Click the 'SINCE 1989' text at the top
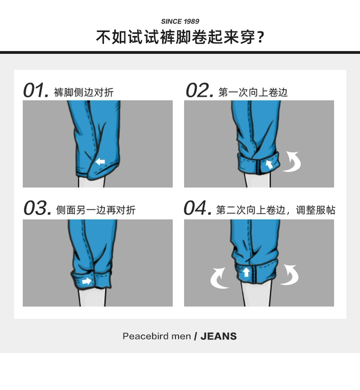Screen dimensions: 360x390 [x=180, y=21]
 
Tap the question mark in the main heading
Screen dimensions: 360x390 [x=260, y=38]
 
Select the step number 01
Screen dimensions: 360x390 [x=36, y=90]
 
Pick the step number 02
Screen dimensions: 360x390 [x=199, y=90]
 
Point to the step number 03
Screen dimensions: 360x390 [x=38, y=208]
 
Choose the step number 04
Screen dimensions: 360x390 [x=198, y=208]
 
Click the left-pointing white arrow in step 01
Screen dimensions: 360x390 [x=100, y=162]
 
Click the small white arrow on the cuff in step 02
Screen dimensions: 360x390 [x=269, y=164]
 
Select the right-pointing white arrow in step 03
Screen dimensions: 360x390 [x=87, y=281]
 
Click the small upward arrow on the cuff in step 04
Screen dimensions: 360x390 [x=246, y=272]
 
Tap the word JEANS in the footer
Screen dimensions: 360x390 [x=219, y=336]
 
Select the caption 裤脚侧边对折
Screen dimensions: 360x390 [x=84, y=93]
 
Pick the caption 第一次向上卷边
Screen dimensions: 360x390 [x=253, y=93]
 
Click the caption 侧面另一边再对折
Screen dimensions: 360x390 [x=95, y=210]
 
